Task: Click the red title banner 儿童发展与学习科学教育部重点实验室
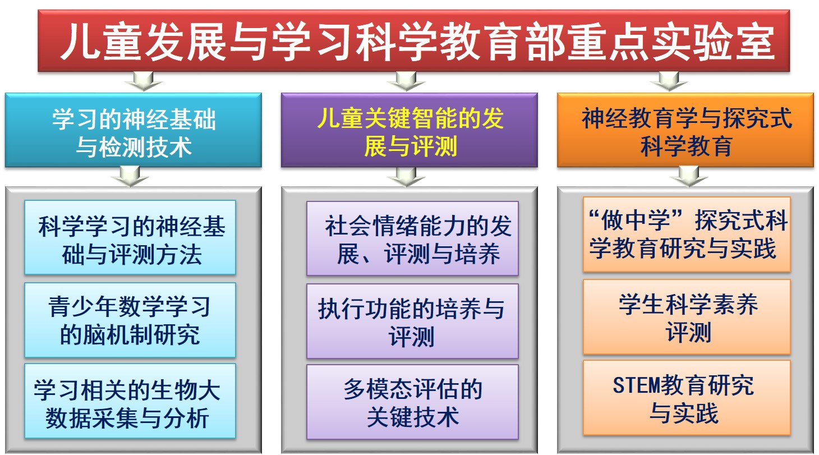[x=413, y=40]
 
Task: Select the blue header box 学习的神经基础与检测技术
[x=134, y=130]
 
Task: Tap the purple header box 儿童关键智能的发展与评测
[x=409, y=130]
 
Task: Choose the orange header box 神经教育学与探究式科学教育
[x=685, y=130]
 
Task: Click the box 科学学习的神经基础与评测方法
[x=130, y=237]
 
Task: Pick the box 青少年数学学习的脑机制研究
[x=130, y=320]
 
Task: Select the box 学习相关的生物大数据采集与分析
[x=130, y=401]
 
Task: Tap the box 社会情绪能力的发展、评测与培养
[x=412, y=238]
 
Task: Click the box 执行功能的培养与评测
[x=412, y=321]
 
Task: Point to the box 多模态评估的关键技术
[x=412, y=402]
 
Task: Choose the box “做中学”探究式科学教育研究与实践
[x=687, y=235]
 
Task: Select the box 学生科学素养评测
[x=687, y=317]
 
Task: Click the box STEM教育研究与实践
[x=687, y=398]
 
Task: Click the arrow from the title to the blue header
[x=143, y=81]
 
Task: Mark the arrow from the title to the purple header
[x=406, y=81]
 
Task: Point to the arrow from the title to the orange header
[x=669, y=81]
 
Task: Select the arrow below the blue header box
[x=130, y=177]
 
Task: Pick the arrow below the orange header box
[x=689, y=177]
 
